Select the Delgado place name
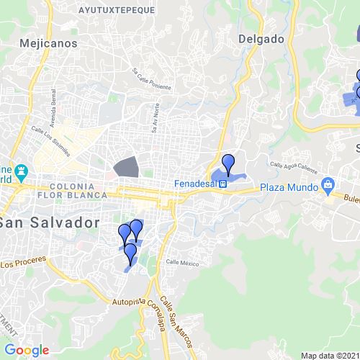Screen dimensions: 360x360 (x=261, y=40)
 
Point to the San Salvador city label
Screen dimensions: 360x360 (x=48, y=222)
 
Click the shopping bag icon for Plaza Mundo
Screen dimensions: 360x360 (x=328, y=184)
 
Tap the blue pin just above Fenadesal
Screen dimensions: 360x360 (x=228, y=163)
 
